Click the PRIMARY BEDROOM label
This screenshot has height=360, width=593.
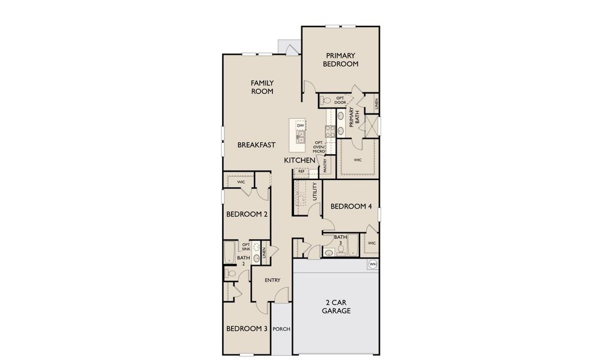(340, 59)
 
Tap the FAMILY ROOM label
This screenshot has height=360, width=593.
(262, 87)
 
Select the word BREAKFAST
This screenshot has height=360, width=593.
(256, 145)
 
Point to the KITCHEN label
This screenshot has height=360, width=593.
(300, 161)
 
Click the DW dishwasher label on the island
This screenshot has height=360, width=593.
(309, 125)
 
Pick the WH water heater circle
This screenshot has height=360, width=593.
(372, 264)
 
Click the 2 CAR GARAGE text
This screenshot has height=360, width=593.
(336, 307)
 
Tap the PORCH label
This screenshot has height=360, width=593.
(281, 329)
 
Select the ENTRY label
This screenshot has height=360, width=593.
(272, 280)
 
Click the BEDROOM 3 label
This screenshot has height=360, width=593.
(246, 328)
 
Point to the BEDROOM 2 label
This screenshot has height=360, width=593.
(246, 214)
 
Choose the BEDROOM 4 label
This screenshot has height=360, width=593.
(351, 206)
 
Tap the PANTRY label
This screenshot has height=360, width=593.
(325, 166)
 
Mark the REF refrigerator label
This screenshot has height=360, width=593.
(301, 171)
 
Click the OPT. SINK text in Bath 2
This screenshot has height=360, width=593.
(245, 246)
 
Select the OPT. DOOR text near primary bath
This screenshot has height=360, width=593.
(340, 100)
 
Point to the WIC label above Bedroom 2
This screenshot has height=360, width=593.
(241, 181)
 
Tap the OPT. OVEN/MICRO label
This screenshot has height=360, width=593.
(327, 147)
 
